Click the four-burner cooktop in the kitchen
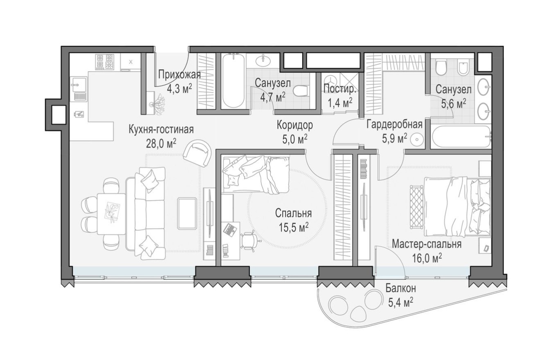pyautogui.click(x=104, y=62)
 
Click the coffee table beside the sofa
pyautogui.click(x=187, y=213)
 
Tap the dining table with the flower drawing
pyautogui.click(x=111, y=213)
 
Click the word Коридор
pyautogui.click(x=294, y=124)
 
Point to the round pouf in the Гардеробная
pyautogui.click(x=416, y=139)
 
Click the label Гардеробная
pyautogui.click(x=394, y=124)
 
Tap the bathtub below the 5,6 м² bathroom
pyautogui.click(x=461, y=136)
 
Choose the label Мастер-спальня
pyautogui.click(x=427, y=244)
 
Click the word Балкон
pyautogui.click(x=400, y=288)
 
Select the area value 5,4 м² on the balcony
pyautogui.click(x=400, y=302)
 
